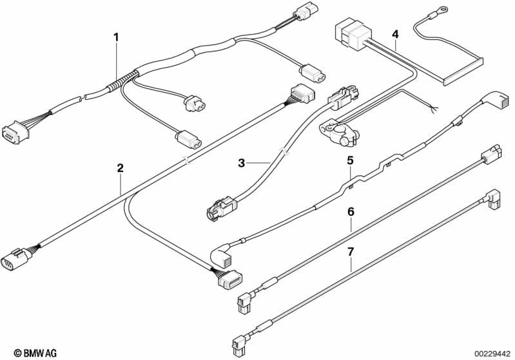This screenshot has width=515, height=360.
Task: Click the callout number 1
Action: (x=117, y=37)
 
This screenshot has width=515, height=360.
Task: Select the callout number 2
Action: (x=120, y=168)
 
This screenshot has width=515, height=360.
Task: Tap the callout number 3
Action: (x=242, y=164)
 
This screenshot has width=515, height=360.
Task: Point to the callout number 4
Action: (x=395, y=33)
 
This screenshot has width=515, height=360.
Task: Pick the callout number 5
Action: (x=351, y=160)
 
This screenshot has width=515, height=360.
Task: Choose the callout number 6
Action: (x=351, y=211)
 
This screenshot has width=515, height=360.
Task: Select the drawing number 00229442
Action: (x=492, y=353)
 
